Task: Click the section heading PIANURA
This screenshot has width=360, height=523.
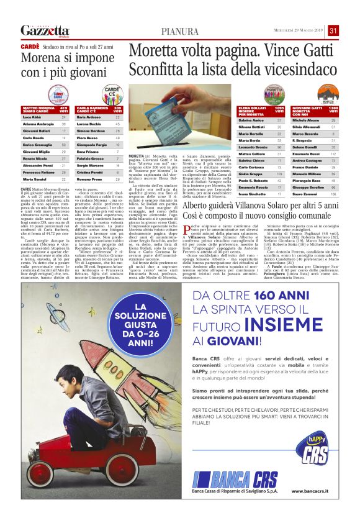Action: coord(180,32)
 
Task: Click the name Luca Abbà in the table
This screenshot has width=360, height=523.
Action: coord(32,117)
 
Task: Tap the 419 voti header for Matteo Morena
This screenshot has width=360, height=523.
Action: coord(63,109)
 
